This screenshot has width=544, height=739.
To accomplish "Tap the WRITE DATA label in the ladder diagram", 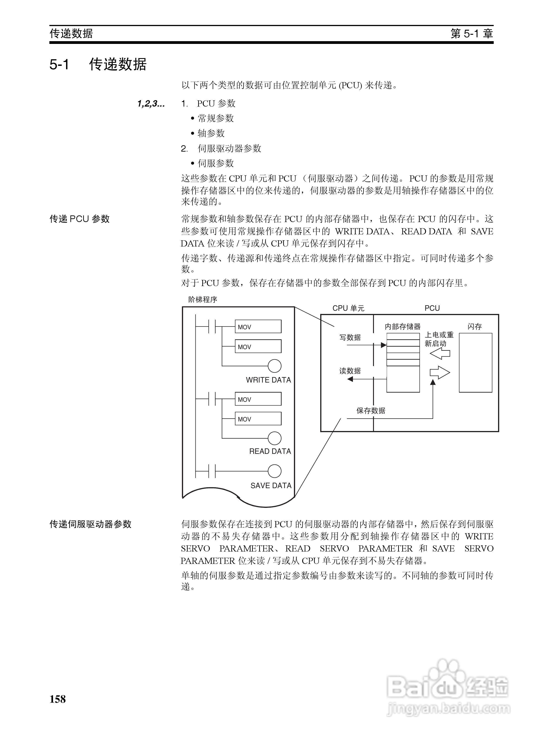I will (x=268, y=380).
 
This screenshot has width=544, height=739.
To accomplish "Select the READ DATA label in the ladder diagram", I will (x=270, y=451).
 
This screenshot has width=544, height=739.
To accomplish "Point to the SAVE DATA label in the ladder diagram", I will (x=271, y=485).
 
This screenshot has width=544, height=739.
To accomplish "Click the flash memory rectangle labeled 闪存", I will (x=475, y=363).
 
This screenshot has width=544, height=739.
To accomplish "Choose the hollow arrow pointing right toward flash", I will (x=440, y=373).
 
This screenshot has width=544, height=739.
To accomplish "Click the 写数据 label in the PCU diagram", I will (x=350, y=337).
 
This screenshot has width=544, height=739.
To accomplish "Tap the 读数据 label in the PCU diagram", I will (x=350, y=371).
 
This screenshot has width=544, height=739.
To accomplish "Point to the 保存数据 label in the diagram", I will (x=371, y=411).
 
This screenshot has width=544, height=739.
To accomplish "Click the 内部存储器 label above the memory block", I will (x=403, y=327).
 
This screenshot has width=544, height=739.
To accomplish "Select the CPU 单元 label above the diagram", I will (x=348, y=308).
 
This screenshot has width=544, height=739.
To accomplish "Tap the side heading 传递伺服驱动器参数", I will (x=91, y=524).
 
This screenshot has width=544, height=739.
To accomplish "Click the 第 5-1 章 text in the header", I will (x=472, y=34).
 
